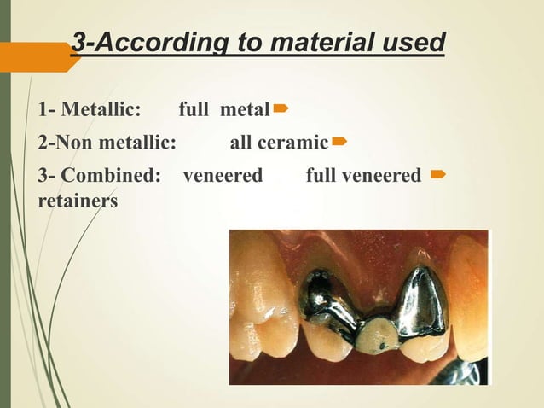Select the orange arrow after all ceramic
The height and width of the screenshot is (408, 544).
339,138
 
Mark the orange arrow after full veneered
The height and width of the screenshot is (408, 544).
437,174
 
